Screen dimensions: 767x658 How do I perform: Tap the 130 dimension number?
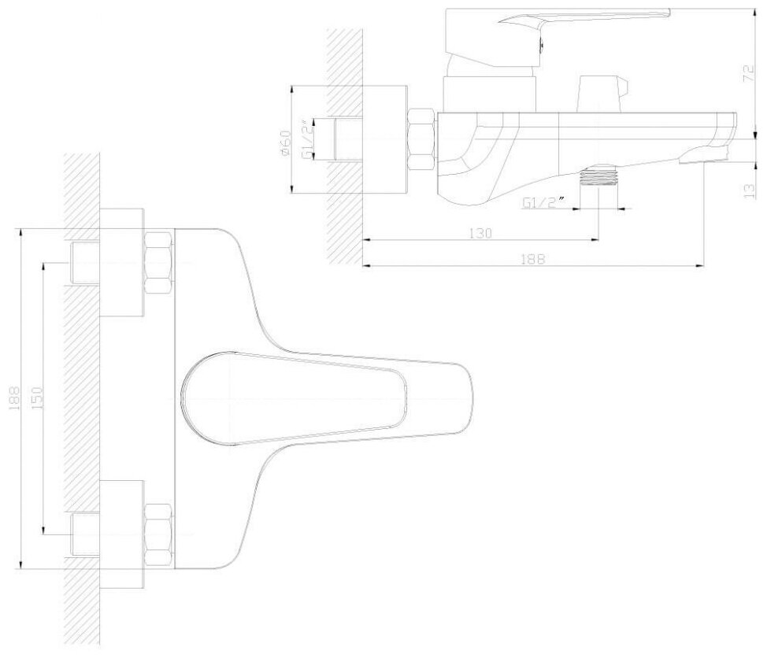click(x=481, y=233)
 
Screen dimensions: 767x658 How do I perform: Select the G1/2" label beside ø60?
click(x=308, y=139)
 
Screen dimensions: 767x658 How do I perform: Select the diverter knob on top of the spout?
click(x=598, y=93)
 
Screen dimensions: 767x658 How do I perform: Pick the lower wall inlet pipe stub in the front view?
click(x=85, y=534)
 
